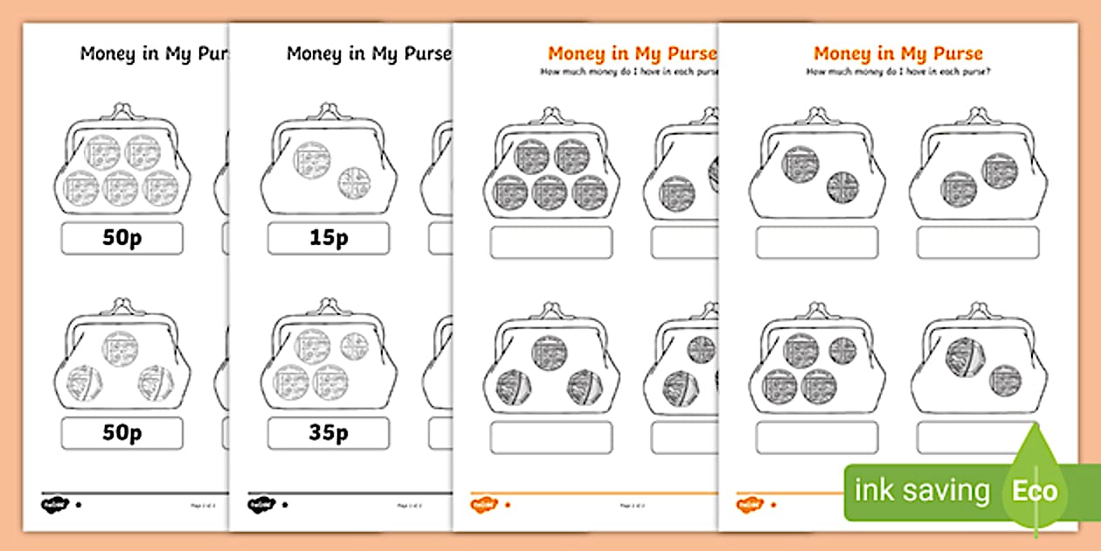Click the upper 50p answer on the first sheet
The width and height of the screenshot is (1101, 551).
pos(122,238)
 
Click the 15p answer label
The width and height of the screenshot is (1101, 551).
pos(328,238)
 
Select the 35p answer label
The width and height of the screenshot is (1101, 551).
pos(328,433)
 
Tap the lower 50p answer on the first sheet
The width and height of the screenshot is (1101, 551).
pos(122,433)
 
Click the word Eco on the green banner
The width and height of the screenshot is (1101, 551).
pos(1035,491)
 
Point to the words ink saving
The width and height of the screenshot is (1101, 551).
pos(922,491)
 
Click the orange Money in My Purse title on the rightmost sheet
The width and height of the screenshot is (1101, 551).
pos(897,53)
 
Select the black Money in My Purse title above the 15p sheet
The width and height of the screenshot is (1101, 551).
pos(369,53)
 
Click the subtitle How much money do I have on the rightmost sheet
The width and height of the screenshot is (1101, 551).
pos(897,72)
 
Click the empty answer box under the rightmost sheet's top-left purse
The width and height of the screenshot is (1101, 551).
pos(816,242)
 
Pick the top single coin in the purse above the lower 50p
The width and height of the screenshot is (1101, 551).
pos(121,347)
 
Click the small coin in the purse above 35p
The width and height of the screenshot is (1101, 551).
pos(354,345)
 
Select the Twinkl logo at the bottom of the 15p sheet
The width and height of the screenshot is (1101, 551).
pos(258,505)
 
